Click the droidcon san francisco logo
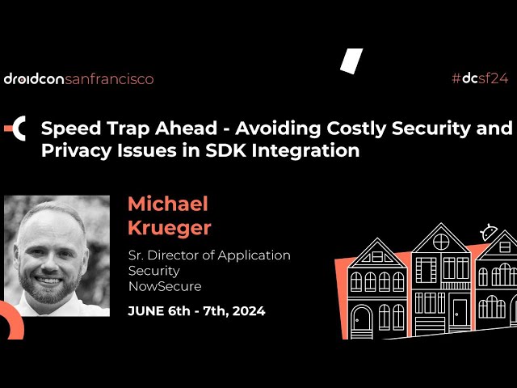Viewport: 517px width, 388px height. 78,78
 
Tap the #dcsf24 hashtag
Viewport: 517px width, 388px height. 481,78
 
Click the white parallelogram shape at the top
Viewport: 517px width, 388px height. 351,61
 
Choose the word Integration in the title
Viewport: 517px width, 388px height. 312,150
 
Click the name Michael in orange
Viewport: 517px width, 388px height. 168,204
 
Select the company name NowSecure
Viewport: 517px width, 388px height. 165,286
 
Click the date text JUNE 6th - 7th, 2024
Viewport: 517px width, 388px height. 196,310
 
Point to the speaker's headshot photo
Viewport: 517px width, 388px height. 57,255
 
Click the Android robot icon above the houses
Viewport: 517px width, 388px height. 488,233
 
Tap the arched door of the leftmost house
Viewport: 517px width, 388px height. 361,318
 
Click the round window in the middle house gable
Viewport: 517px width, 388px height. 441,241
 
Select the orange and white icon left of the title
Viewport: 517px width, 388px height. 16,128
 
